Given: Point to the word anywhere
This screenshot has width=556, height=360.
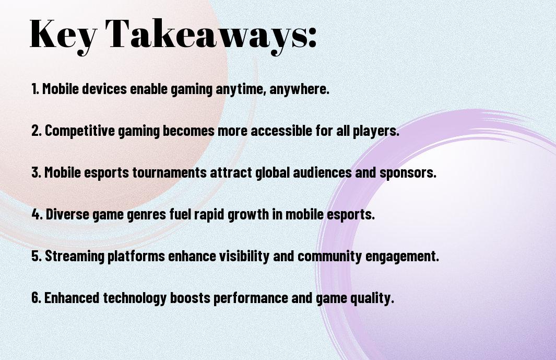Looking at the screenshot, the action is (299, 88).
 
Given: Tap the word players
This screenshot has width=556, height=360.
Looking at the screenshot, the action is (376, 131).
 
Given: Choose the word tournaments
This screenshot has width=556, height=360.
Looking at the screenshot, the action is (170, 172).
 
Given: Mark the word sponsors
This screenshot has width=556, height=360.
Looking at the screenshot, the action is (408, 172).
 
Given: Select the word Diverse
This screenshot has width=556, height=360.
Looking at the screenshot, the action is (67, 214).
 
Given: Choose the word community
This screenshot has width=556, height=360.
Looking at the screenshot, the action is (329, 256).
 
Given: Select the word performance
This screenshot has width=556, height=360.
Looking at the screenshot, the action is (251, 298).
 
